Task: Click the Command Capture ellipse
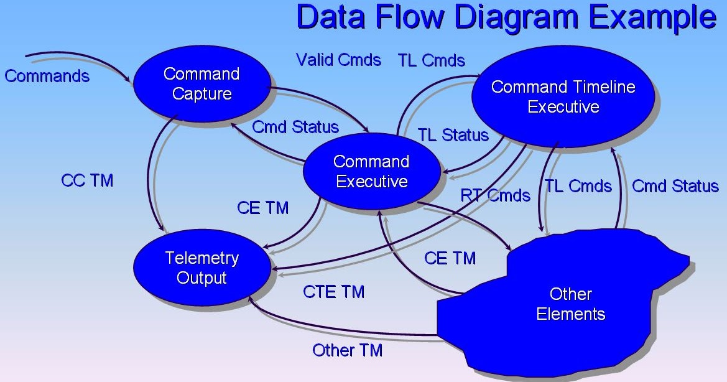(x=201, y=84)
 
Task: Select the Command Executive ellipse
(x=371, y=171)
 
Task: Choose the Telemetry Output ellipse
(x=201, y=268)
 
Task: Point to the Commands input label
(x=47, y=77)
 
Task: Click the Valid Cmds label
(x=338, y=60)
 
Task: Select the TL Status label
(x=453, y=135)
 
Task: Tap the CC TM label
(x=87, y=180)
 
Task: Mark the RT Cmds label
(x=496, y=195)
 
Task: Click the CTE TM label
(x=333, y=291)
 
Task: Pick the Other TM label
(x=347, y=350)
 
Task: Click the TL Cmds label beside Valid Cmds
(x=431, y=60)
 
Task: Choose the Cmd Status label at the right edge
(x=675, y=186)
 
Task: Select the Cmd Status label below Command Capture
(x=295, y=127)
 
